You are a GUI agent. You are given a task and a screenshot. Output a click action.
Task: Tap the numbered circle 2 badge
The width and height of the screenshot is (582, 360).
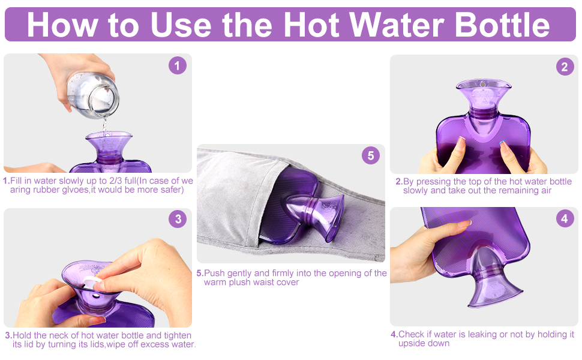click(565, 67)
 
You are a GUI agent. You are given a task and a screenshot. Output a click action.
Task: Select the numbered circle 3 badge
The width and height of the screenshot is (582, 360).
click(177, 219)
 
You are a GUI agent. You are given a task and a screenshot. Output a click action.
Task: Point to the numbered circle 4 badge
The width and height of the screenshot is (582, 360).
click(565, 219)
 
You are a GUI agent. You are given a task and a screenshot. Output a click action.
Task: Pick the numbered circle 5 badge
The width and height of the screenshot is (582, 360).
click(371, 155)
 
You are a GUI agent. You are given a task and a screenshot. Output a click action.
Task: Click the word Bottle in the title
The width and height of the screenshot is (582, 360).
click(502, 25)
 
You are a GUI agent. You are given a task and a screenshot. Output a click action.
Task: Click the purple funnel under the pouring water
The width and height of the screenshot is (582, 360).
click(109, 144)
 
